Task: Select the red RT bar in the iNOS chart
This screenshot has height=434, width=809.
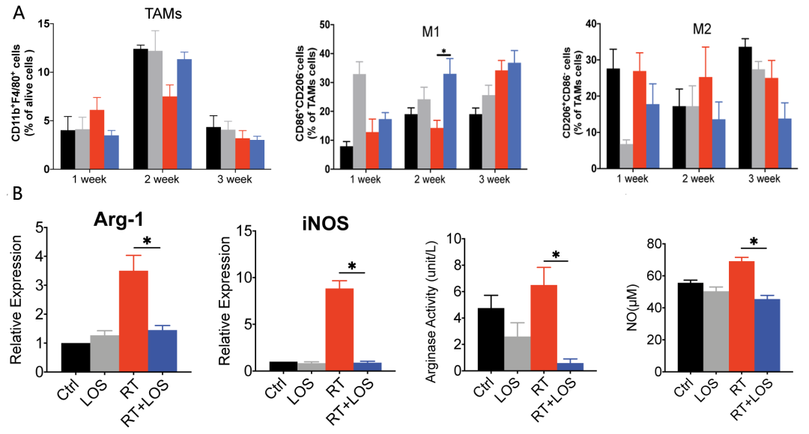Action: (x=339, y=329)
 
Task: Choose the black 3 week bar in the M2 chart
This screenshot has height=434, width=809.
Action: (x=745, y=108)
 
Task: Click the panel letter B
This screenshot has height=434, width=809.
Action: (x=16, y=197)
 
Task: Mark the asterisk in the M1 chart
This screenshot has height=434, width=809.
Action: (x=445, y=52)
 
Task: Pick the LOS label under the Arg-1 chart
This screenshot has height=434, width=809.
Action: (x=95, y=391)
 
